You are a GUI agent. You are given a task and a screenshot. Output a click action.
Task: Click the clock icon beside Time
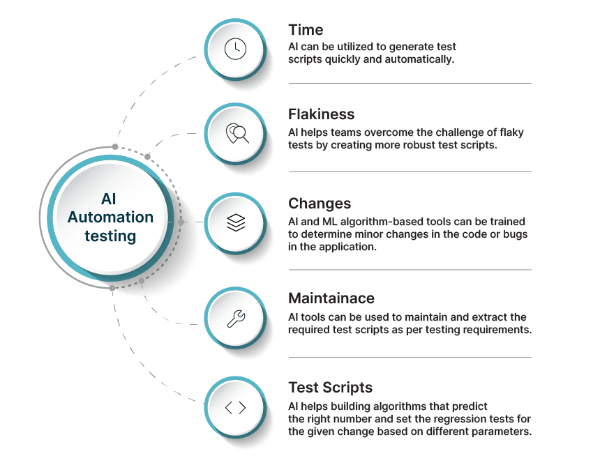pos(235,49)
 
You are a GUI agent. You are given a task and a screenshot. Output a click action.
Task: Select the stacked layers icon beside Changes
pos(236,222)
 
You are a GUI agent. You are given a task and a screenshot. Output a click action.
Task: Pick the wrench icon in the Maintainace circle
pos(236,319)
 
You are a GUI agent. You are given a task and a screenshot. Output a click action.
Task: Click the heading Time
pos(306,30)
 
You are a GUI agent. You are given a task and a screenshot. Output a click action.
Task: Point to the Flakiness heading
pos(322,114)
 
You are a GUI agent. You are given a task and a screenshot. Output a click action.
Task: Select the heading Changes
pos(320,204)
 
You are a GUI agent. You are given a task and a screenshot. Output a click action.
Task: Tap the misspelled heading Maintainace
pos(331,298)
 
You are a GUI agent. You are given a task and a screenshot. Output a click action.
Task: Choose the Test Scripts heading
pos(331,388)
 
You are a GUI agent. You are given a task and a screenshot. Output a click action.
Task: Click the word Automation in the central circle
pos(110,217)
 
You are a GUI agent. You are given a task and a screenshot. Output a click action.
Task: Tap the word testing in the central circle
pos(110,236)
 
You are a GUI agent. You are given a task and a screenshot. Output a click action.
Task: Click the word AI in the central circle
pos(110,199)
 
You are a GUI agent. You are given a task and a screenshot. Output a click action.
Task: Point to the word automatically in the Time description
pos(418,60)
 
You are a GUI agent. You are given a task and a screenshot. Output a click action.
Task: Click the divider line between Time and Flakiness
pos(410,83)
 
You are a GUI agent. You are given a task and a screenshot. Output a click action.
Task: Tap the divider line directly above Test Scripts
pos(410,357)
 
